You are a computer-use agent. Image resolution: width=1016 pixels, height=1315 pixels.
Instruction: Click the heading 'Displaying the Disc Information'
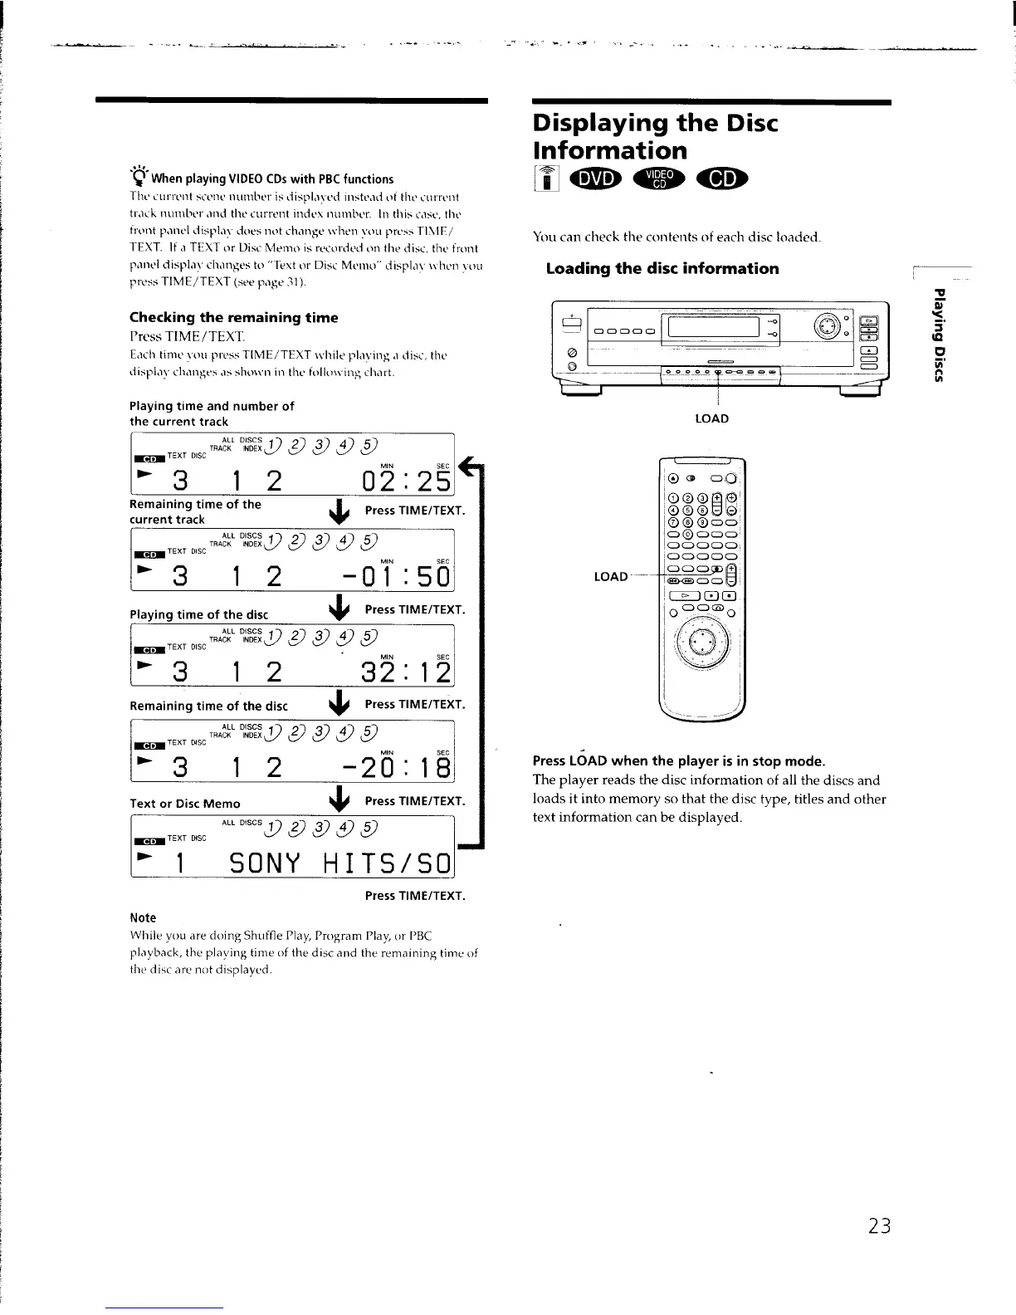click(655, 137)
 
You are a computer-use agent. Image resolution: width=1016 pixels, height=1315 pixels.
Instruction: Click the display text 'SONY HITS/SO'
click(339, 864)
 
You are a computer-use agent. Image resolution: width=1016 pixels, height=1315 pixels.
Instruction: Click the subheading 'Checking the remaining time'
click(233, 317)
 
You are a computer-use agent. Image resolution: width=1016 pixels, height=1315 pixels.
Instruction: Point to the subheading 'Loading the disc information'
click(662, 268)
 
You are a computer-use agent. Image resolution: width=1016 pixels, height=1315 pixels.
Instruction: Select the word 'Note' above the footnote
click(143, 917)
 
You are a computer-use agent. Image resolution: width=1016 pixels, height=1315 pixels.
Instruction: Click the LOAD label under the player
click(711, 418)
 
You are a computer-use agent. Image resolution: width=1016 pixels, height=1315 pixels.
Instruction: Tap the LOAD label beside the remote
click(610, 576)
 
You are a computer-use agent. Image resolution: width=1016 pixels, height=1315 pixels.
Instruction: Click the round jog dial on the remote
click(702, 644)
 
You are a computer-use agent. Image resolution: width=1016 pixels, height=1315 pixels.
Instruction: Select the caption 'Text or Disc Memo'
click(185, 804)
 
